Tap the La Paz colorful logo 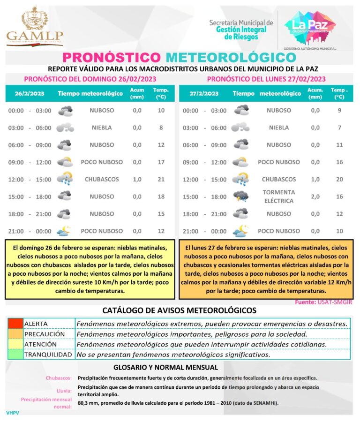pos(310,25)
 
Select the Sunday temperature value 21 pos(161,180)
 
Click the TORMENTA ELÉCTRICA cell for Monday pos(278,196)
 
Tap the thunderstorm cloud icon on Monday pos(241,196)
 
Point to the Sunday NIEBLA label pos(102,128)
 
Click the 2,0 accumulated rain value pos(315,196)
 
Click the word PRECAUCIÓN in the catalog pos(45,334)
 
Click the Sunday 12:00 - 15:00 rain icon pos(65,180)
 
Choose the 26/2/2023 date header pos(29,93)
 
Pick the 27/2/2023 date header pos(204,93)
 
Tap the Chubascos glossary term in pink pos(59,378)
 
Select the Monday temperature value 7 pos(339,128)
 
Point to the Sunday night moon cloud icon pos(64,231)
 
